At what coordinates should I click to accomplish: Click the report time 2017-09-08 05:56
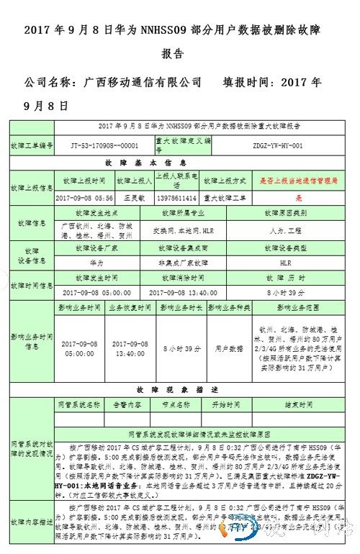tap(84, 196)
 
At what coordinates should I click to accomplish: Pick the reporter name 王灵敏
tap(130, 196)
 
